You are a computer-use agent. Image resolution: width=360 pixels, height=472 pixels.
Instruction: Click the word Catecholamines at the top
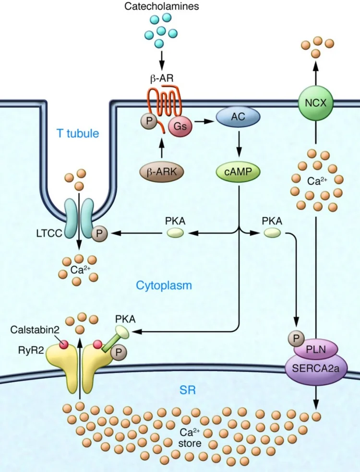click(x=161, y=6)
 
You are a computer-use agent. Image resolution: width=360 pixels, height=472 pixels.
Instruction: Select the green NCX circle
click(x=316, y=103)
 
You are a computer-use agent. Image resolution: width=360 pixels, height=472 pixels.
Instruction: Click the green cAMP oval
click(x=238, y=172)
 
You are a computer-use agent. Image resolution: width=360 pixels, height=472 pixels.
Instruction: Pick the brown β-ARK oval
click(x=161, y=172)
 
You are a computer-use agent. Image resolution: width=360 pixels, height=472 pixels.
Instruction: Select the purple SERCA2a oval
click(x=315, y=369)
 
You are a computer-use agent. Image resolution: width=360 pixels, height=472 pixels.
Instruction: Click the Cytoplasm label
click(x=164, y=286)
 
